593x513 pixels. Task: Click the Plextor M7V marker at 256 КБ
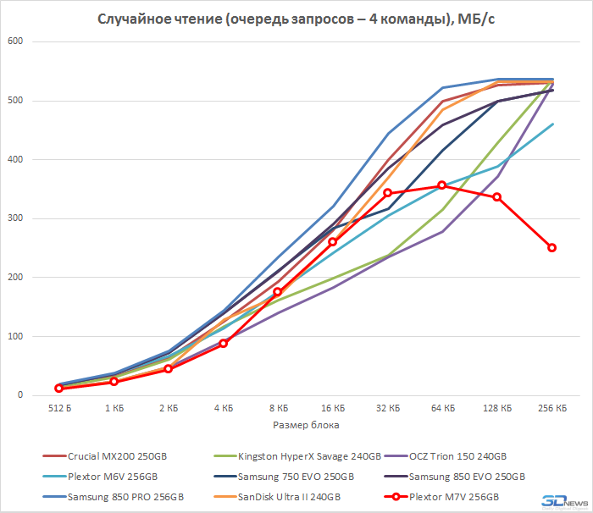pyautogui.click(x=551, y=248)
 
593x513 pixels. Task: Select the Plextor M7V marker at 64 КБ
pyautogui.click(x=442, y=185)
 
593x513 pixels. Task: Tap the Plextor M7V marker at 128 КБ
pyautogui.click(x=497, y=197)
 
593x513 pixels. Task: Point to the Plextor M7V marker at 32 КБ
pyautogui.click(x=387, y=193)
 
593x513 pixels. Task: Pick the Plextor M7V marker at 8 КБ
pyautogui.click(x=278, y=292)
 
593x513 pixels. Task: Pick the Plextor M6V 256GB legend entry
pyautogui.click(x=114, y=476)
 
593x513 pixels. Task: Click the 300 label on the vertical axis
pyautogui.click(x=16, y=218)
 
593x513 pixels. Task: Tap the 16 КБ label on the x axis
pyautogui.click(x=333, y=408)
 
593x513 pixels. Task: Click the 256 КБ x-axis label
pyautogui.click(x=552, y=408)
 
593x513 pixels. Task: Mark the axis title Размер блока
pyautogui.click(x=305, y=424)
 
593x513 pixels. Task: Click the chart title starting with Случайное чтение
pyautogui.click(x=296, y=18)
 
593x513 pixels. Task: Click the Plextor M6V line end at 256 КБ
pyautogui.click(x=552, y=124)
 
